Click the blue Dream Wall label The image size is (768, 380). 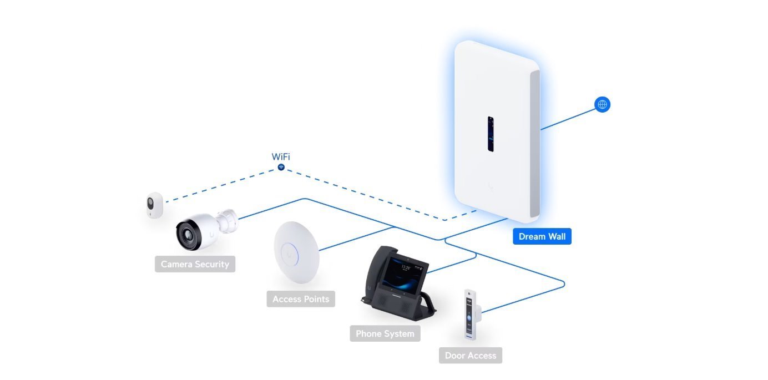click(542, 237)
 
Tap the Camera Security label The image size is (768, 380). click(195, 264)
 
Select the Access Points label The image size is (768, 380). click(301, 299)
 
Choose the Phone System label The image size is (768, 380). click(385, 334)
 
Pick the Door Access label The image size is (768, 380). click(470, 356)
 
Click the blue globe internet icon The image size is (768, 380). click(602, 104)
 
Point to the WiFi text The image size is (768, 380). click(281, 156)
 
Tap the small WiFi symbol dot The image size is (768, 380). click(281, 167)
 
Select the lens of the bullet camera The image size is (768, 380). click(186, 234)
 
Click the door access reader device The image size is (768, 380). click(472, 313)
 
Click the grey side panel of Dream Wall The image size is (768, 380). click(534, 144)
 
